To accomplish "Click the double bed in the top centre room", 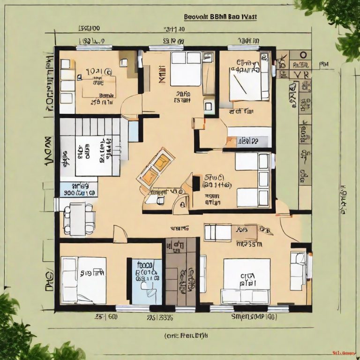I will pyautogui.click(x=186, y=68).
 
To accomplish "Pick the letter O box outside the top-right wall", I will pyautogui.click(x=303, y=55).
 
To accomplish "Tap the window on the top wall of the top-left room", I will pyautogui.click(x=94, y=47).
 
